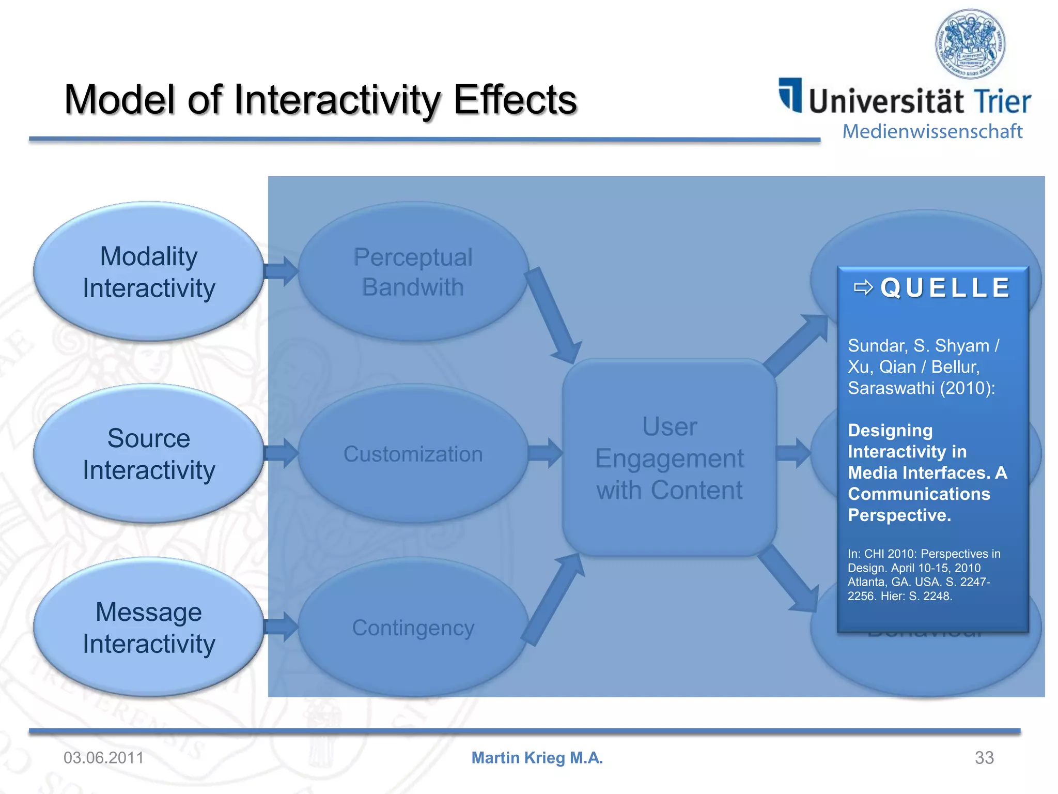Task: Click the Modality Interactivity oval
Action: [149, 272]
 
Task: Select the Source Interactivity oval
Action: [149, 454]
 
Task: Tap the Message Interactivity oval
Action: [149, 628]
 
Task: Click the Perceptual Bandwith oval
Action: [413, 272]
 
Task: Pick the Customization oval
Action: [413, 454]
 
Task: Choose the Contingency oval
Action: [413, 628]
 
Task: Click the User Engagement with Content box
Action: [670, 458]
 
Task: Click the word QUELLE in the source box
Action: [945, 288]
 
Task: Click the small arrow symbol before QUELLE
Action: [863, 287]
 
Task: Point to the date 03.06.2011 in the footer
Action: [103, 758]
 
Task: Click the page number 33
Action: [984, 758]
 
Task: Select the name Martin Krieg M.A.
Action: [537, 758]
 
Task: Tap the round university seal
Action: [970, 44]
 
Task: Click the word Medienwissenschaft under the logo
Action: [932, 131]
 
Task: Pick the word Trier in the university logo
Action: [1002, 101]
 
